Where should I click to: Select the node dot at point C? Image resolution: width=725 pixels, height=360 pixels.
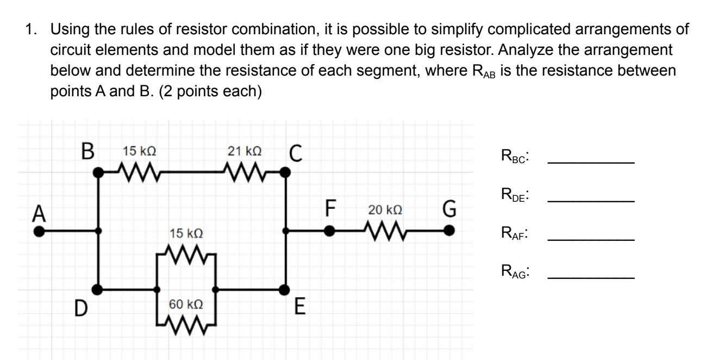click(286, 172)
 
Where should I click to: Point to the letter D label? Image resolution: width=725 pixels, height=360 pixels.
click(81, 310)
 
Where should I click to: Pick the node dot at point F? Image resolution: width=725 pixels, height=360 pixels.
click(329, 231)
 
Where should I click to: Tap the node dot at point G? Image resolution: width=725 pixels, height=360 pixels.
click(448, 231)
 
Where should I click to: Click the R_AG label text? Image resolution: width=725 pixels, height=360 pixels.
click(515, 272)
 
